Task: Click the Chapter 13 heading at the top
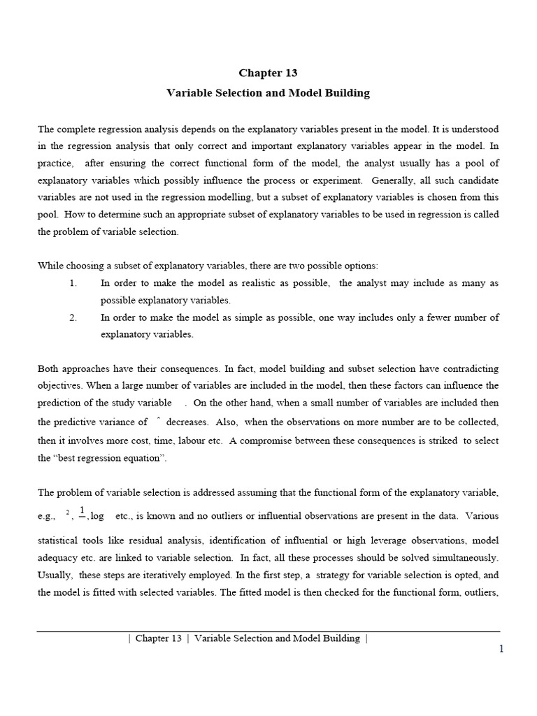tap(268, 73)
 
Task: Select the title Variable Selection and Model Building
tap(268, 92)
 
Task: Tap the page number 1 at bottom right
tap(501, 649)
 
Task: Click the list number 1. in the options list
tap(73, 283)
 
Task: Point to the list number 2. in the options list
tap(73, 317)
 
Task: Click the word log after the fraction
tap(97, 516)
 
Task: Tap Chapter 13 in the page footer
tap(159, 638)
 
